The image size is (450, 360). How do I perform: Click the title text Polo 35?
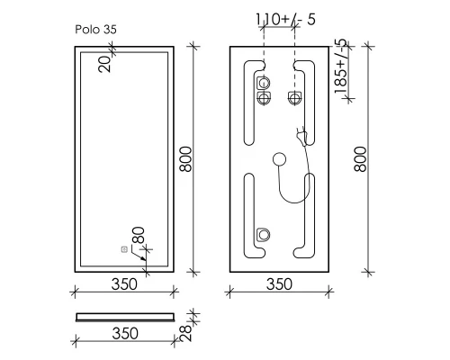95,29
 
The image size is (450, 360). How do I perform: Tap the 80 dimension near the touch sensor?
139,238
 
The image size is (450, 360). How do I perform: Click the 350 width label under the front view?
123,285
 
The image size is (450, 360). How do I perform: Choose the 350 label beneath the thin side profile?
123,333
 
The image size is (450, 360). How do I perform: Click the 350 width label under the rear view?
280,285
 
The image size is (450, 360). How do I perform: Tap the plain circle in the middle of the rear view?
278,160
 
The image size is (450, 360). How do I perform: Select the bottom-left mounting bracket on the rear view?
263,235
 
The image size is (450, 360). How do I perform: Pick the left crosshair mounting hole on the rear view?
264,98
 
